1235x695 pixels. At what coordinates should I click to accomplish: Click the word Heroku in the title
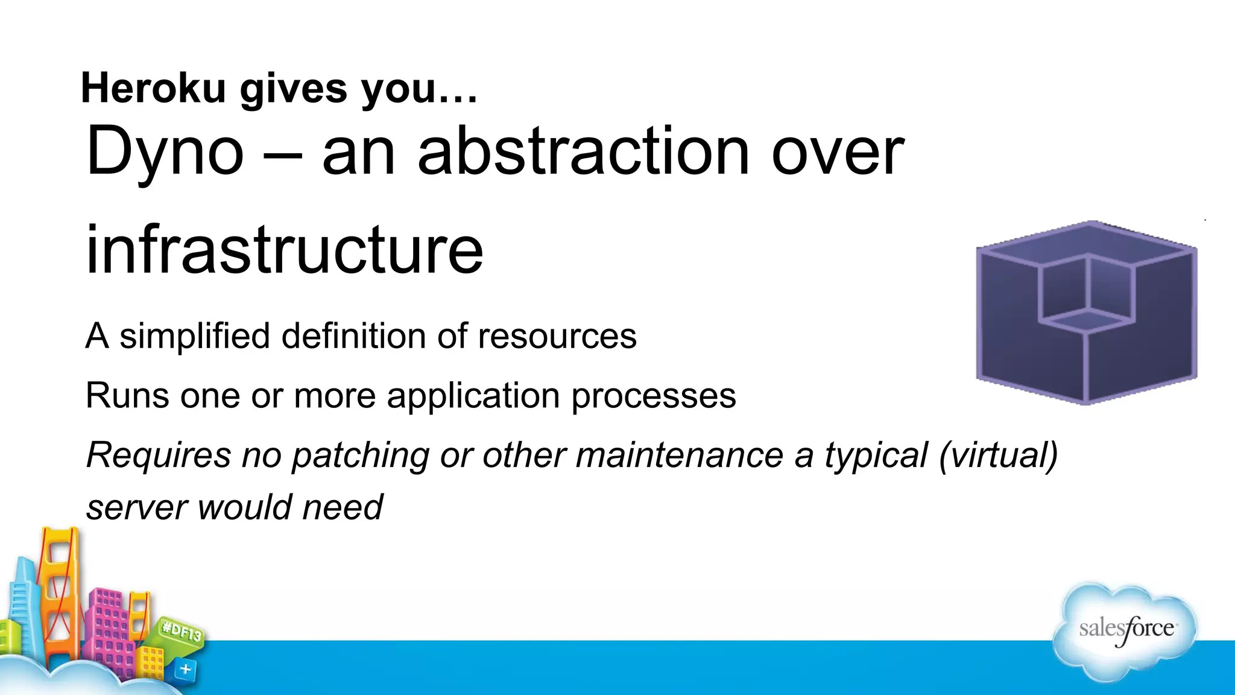[153, 88]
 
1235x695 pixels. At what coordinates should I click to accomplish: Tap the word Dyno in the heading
[165, 151]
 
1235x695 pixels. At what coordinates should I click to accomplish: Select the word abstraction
[583, 151]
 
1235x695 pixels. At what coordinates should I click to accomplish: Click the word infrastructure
[284, 249]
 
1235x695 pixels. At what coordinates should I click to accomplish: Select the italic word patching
[360, 455]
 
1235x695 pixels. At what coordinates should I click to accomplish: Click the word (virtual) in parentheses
[998, 455]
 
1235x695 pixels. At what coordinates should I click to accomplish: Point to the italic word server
[136, 507]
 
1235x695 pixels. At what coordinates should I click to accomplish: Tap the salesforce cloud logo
[1125, 630]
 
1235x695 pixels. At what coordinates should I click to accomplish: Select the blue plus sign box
[185, 669]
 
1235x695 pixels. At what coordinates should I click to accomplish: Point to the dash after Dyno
[282, 153]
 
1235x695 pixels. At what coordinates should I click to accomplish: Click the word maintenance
[679, 455]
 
